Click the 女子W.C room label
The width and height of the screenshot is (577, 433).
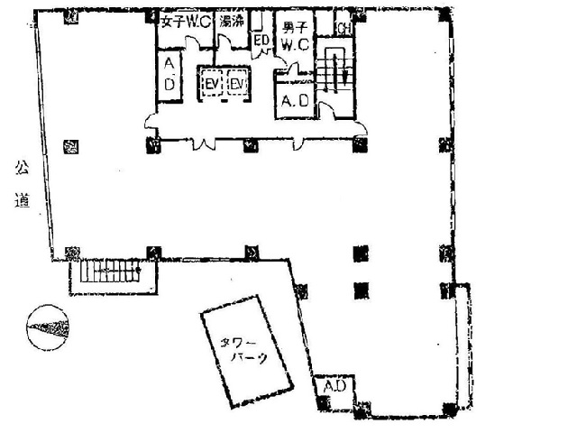[185, 23]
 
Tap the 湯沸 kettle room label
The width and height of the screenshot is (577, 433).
[232, 23]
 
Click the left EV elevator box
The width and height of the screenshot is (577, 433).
[213, 84]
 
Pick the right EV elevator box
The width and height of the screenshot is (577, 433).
[237, 84]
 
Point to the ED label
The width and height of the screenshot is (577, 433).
[261, 41]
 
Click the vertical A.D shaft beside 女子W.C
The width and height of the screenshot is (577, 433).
[169, 73]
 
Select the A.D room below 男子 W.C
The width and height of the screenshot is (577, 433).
[294, 101]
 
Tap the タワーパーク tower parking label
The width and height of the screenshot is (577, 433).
[245, 349]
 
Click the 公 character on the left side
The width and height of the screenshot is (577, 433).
[19, 168]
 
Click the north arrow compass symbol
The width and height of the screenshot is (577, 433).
[49, 324]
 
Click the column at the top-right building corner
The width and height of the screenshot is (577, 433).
[444, 12]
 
